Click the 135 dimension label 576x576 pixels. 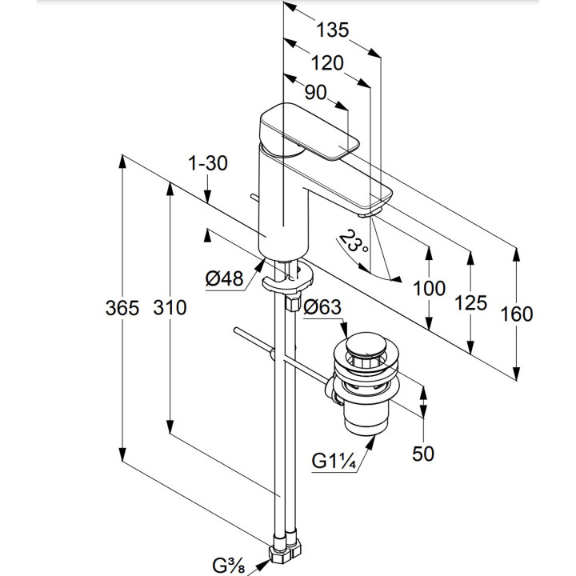click(332, 30)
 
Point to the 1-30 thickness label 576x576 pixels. click(208, 163)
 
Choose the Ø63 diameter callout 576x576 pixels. click(323, 306)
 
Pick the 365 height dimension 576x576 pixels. click(122, 308)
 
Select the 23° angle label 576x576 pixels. click(354, 242)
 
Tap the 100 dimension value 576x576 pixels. click(430, 288)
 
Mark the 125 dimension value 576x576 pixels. click(470, 302)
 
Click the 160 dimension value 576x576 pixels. click(516, 314)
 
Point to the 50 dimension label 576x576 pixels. click(422, 454)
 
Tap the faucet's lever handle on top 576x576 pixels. click(312, 132)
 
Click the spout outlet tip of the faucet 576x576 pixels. click(369, 212)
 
